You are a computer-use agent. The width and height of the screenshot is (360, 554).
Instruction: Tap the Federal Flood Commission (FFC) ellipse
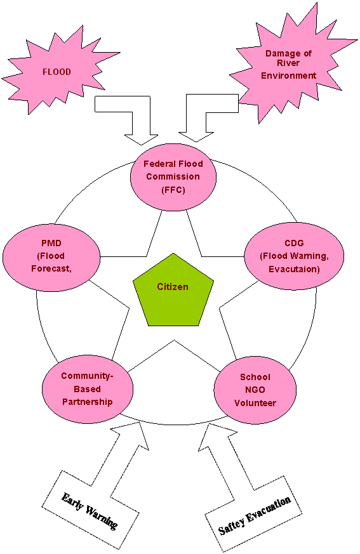click(173, 177)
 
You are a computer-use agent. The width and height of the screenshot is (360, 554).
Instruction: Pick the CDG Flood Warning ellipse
click(294, 256)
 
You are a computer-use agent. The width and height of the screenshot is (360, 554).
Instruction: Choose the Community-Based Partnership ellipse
click(88, 389)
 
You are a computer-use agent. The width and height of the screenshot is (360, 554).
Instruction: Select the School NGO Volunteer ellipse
click(255, 390)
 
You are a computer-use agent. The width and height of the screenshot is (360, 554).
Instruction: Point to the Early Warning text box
click(90, 508)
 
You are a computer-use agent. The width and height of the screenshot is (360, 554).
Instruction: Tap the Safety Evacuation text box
click(254, 514)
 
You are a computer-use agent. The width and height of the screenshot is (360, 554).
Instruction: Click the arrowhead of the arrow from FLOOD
click(142, 140)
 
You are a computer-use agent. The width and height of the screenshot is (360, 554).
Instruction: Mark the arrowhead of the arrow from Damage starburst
click(196, 136)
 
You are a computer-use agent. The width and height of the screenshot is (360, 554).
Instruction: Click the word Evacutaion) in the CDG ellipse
click(294, 269)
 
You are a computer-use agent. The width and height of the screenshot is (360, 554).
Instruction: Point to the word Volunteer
click(255, 403)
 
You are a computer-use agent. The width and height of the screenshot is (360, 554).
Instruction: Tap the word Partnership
click(88, 402)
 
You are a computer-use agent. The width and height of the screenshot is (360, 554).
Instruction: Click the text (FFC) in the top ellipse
click(173, 190)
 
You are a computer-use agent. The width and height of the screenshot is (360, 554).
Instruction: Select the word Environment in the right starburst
click(288, 76)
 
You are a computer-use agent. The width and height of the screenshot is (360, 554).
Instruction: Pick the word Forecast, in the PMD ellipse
click(51, 269)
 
